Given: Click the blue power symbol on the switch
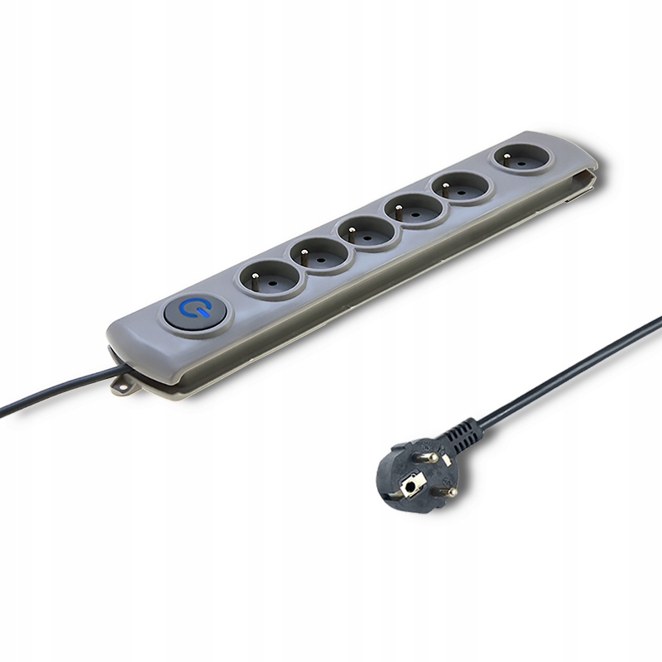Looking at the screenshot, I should tap(196, 311).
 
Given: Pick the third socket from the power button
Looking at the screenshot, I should tap(367, 231).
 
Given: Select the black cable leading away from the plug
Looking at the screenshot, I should tap(571, 372).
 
